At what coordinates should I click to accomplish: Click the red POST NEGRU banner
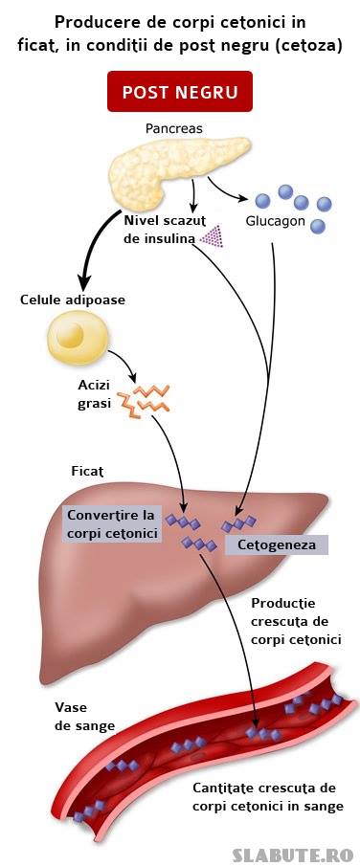(180, 91)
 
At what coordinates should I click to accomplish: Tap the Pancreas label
(173, 128)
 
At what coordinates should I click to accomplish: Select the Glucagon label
(276, 221)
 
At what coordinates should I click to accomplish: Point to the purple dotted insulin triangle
(212, 236)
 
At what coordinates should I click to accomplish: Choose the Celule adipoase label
(73, 300)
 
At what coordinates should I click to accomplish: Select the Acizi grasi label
(94, 393)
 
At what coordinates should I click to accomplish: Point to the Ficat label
(88, 472)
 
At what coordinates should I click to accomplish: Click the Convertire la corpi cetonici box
(112, 524)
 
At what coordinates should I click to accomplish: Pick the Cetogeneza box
(277, 544)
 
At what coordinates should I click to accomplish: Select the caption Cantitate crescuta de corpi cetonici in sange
(268, 796)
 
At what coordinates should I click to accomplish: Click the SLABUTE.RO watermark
(293, 855)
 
